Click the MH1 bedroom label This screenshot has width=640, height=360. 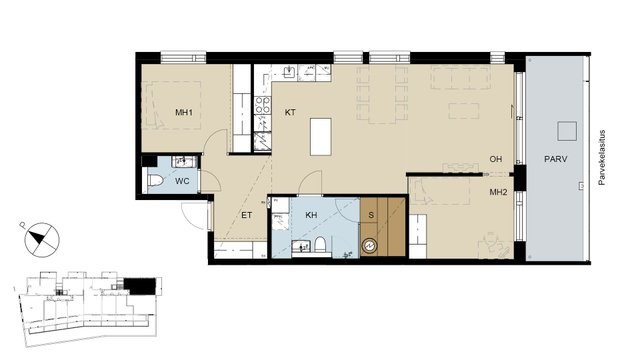coord(184,112)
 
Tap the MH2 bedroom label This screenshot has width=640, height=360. coord(498,192)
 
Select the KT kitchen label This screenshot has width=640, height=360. coord(290,112)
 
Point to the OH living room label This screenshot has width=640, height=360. coord(496,159)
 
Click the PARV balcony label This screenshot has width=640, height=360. coord(556,159)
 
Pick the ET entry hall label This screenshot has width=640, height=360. coord(247,215)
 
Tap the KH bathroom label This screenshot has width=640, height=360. coord(311,215)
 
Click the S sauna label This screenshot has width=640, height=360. coord(371,215)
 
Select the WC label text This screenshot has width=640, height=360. coord(182,181)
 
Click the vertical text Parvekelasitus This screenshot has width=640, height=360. coord(601,158)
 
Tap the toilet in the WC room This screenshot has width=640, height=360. coord(156,180)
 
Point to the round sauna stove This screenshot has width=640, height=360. coord(370,246)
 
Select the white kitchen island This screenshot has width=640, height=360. coord(320,137)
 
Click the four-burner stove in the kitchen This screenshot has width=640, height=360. coord(262,105)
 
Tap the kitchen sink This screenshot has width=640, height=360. coord(290,72)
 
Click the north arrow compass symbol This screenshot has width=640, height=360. coord(42,240)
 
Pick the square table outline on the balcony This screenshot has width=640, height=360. coord(567,131)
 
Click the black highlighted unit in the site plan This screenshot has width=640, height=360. coord(140,286)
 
